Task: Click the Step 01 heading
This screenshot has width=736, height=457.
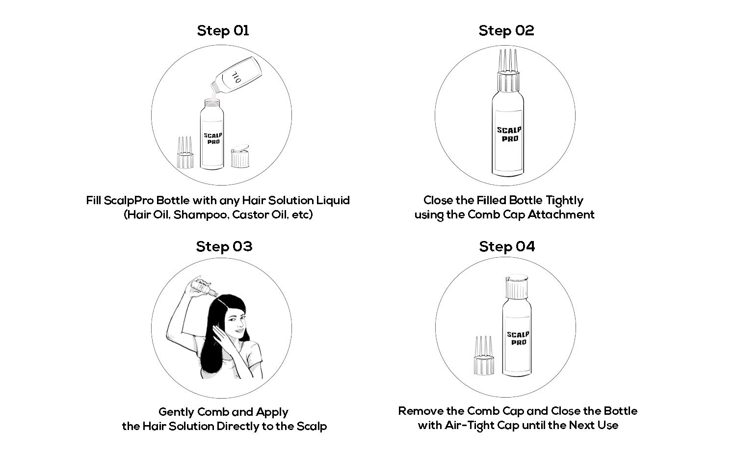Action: (x=223, y=30)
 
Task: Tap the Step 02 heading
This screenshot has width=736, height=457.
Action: (x=506, y=30)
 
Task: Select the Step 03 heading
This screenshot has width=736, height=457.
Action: (x=224, y=246)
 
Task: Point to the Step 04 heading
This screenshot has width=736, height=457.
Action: (x=507, y=246)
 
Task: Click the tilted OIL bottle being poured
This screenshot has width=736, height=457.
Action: (x=237, y=76)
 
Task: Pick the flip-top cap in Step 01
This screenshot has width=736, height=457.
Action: (x=240, y=156)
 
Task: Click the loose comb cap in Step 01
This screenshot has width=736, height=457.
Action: (x=185, y=153)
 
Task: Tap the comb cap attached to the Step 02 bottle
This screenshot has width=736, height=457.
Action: (x=508, y=70)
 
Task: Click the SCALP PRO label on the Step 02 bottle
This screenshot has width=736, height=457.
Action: (x=509, y=134)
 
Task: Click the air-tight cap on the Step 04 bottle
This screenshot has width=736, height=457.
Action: (x=517, y=287)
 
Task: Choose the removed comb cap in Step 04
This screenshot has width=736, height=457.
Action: (x=484, y=355)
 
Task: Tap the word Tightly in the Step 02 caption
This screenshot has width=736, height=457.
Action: (x=564, y=201)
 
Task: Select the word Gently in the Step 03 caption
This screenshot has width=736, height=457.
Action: (x=177, y=412)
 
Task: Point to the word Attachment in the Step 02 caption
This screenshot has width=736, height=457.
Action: (x=561, y=215)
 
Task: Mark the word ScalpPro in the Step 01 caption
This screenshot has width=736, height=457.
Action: (x=129, y=201)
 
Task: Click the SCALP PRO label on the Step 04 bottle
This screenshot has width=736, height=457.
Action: (x=518, y=338)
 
